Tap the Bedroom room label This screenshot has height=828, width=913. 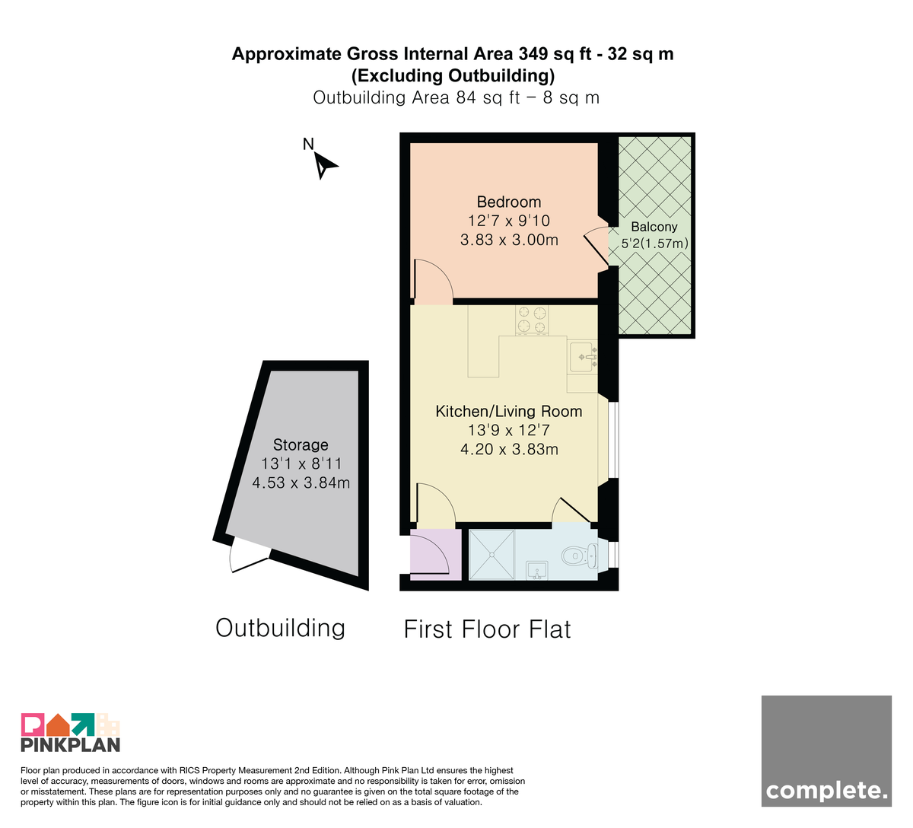(x=509, y=202)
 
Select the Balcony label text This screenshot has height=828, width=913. (x=654, y=227)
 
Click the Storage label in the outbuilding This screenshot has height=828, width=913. (x=301, y=444)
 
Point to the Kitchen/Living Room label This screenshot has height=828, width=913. (x=509, y=411)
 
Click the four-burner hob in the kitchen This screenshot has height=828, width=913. (x=532, y=320)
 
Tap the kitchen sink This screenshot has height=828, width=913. (x=584, y=358)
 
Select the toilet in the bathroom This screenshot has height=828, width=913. (x=580, y=556)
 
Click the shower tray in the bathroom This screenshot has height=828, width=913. (x=491, y=554)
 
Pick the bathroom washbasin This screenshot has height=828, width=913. (x=537, y=571)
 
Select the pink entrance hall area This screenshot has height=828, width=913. (x=435, y=554)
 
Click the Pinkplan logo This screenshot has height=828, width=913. (x=71, y=732)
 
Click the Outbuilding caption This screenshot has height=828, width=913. (x=280, y=628)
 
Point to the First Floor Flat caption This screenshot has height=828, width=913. (x=487, y=629)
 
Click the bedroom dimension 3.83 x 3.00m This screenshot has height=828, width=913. (x=509, y=240)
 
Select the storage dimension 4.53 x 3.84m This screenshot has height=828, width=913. (x=301, y=482)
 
